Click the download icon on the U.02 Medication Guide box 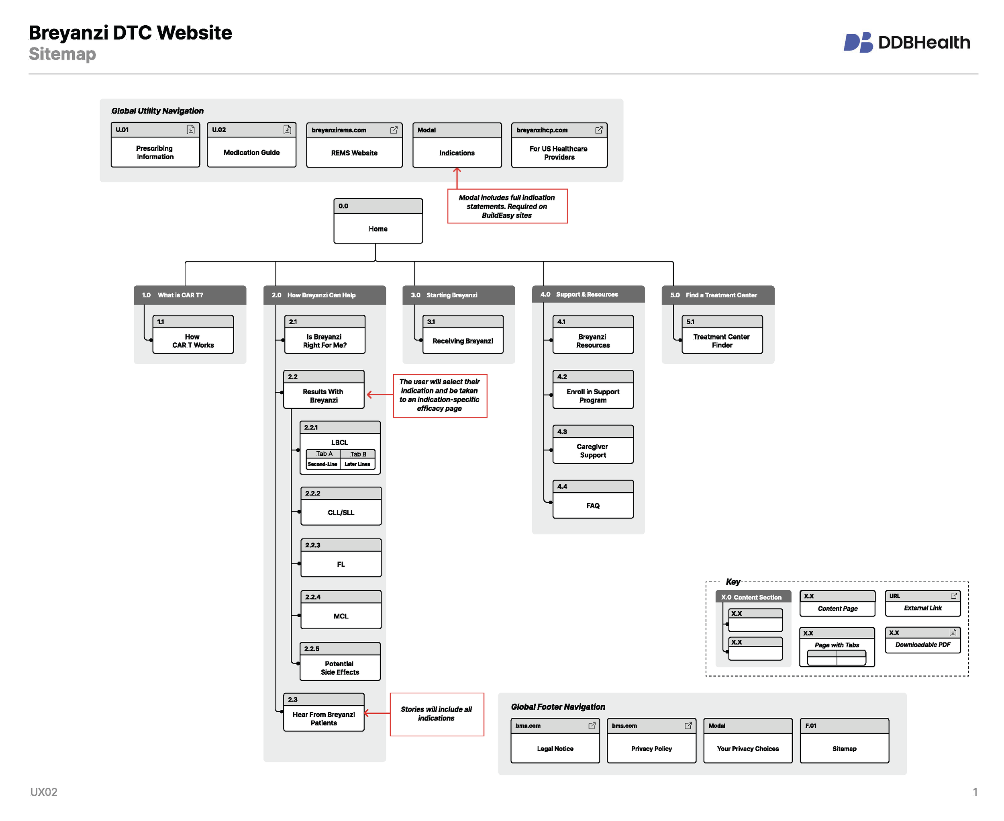point(287,129)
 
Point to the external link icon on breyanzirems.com point(393,130)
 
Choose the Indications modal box point(457,145)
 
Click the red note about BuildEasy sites point(507,206)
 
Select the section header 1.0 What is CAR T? point(190,295)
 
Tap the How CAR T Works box point(193,335)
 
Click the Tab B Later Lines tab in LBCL point(358,459)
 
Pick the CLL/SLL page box point(341,506)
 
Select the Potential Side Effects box point(340,661)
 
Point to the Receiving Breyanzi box point(462,335)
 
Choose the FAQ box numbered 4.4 point(593,500)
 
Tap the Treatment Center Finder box point(722,335)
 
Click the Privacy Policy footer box point(651,741)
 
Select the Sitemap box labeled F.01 point(844,741)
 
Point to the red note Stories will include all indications point(436,714)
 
